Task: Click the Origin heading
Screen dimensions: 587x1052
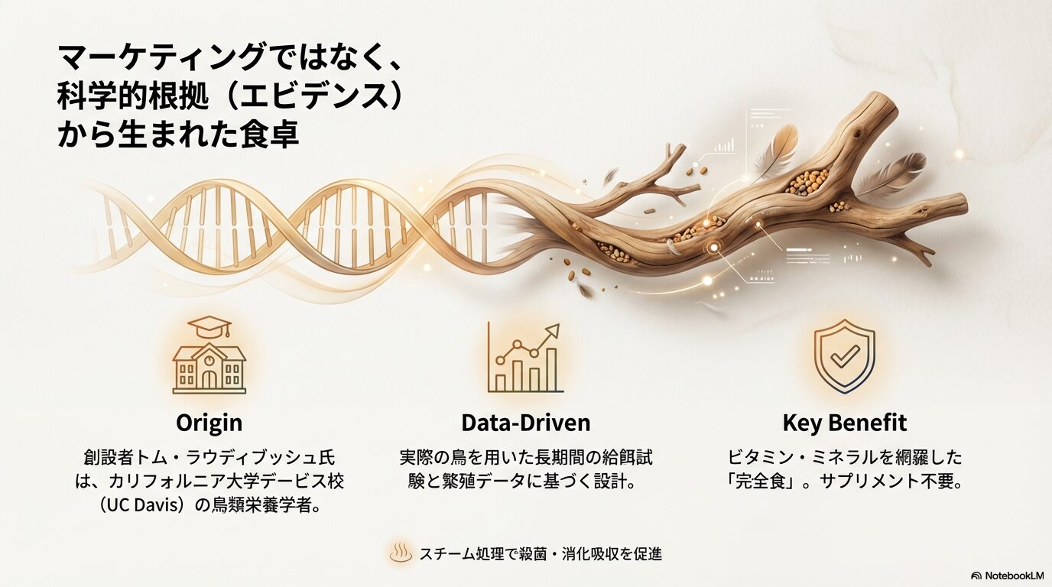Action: click(x=209, y=423)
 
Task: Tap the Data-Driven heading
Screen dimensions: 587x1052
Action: click(x=525, y=423)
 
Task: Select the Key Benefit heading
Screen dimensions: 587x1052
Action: click(x=844, y=423)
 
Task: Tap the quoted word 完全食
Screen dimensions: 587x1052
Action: click(x=763, y=482)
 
